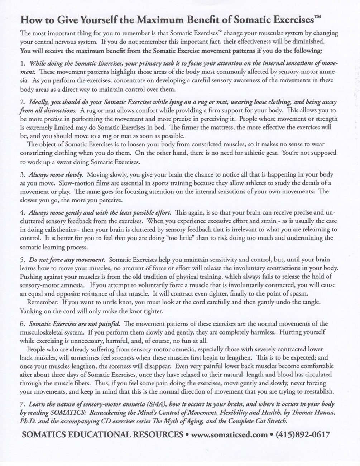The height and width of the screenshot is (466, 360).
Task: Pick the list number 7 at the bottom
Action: [x=22, y=404]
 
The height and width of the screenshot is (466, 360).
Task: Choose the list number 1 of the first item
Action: [x=22, y=63]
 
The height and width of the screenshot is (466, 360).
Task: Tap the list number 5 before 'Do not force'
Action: [x=22, y=259]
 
